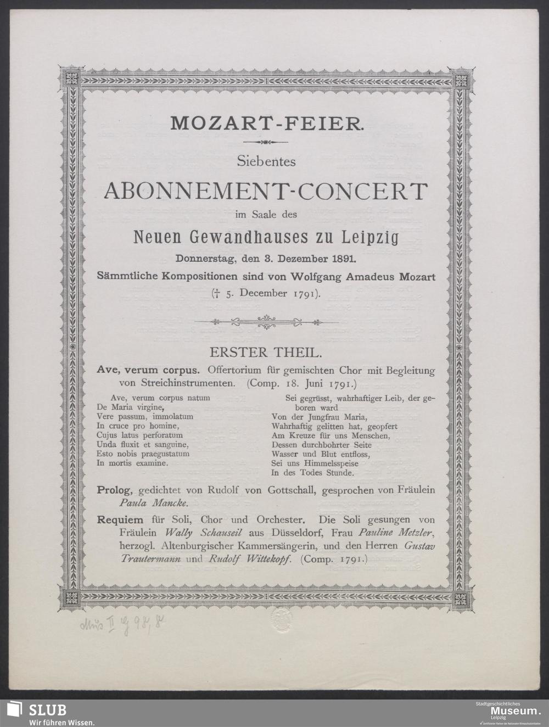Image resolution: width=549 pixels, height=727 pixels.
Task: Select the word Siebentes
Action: point(266,161)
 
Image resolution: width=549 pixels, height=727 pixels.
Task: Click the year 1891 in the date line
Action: point(340,258)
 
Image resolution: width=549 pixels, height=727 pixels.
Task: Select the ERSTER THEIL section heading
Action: point(266,350)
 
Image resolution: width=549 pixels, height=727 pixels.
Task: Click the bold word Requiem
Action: point(119,519)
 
